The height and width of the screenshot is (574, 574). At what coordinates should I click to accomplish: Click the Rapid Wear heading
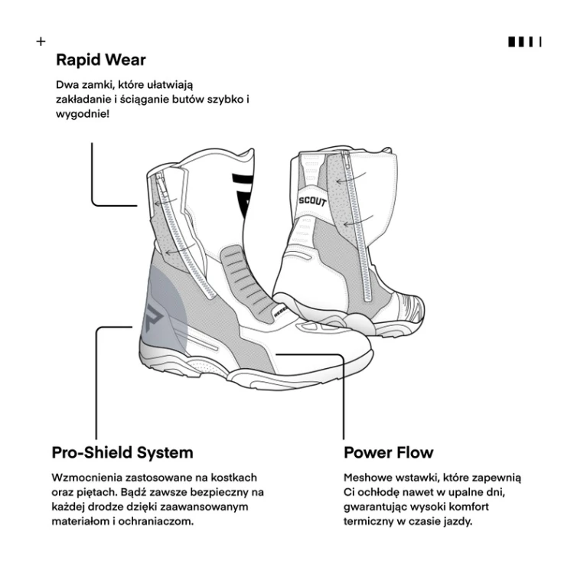101,60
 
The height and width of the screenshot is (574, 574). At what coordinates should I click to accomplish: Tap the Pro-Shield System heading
122,453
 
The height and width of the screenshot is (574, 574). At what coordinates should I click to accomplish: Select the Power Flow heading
388,453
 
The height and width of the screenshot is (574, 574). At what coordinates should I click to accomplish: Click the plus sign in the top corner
41,41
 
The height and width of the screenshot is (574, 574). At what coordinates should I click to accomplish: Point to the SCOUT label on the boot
312,201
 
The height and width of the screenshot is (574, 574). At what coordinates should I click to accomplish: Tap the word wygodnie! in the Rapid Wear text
83,114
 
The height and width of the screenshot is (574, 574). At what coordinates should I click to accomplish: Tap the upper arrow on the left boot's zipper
165,202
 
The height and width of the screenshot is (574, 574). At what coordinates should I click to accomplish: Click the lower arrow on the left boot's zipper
179,249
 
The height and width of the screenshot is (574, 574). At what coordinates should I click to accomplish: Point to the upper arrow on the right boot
351,178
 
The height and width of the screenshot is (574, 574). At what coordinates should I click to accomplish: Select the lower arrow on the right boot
358,220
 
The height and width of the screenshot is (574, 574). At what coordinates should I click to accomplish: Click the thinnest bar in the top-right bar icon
540,42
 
